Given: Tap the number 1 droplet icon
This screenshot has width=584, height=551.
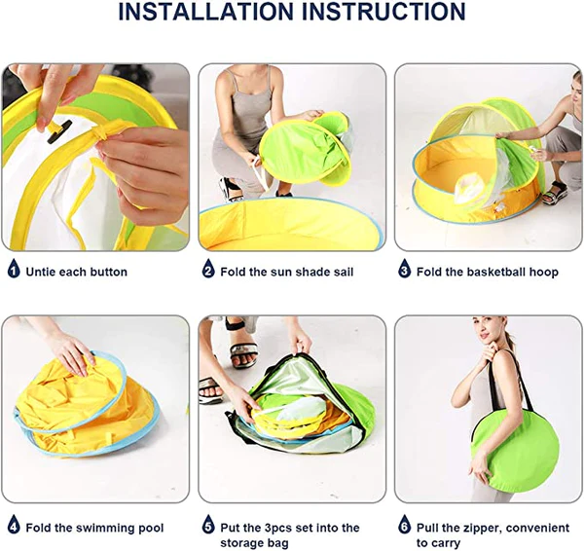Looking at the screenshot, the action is point(14,269).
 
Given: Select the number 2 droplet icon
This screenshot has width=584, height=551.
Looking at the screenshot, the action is point(208,269).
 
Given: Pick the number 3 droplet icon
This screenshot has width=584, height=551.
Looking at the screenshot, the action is point(405,269).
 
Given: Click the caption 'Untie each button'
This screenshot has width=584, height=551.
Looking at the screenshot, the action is point(76,272).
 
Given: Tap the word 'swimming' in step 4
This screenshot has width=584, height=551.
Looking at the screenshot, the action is point(105,529).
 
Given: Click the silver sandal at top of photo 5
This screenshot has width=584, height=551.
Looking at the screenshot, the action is point(243,352).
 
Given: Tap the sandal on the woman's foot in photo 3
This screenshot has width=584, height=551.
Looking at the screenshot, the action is point(555,193).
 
